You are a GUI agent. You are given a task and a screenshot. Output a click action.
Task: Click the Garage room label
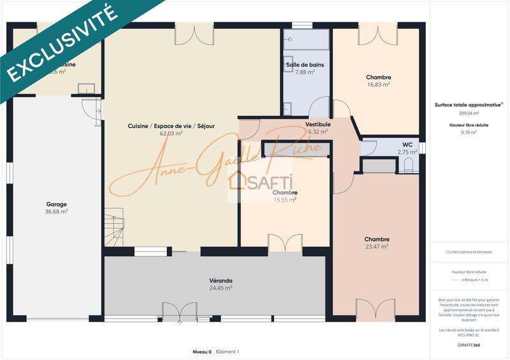[x=56, y=205]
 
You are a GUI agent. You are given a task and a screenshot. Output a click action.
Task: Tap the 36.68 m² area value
[x=56, y=212]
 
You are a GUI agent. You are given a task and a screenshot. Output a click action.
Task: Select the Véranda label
[x=221, y=280]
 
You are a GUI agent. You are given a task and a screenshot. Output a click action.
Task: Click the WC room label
[x=407, y=145]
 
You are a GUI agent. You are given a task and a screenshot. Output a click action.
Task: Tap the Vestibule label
[x=317, y=124]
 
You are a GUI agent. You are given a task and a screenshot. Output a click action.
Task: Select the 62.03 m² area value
[x=171, y=133]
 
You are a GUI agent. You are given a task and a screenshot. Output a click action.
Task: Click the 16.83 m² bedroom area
[x=379, y=85]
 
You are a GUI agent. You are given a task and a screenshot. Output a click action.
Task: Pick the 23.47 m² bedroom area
[x=377, y=247]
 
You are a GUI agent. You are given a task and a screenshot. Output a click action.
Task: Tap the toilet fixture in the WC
[x=409, y=165]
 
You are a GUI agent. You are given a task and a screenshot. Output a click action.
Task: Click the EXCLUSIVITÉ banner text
[x=61, y=45]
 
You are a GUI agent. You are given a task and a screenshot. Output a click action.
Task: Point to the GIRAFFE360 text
[x=469, y=344]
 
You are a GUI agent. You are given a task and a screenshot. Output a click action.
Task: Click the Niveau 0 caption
[x=202, y=351]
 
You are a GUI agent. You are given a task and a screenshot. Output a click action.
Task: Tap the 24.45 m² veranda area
[x=221, y=288]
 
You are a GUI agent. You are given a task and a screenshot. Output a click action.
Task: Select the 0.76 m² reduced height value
[x=469, y=133]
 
